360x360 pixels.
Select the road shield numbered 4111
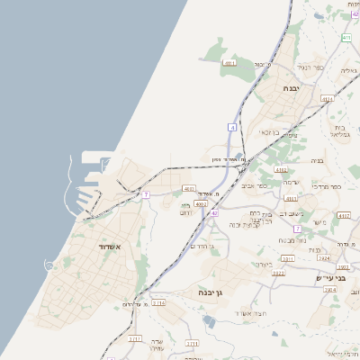(229, 63)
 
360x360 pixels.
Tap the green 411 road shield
(346, 38)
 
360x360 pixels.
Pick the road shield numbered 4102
(282, 169)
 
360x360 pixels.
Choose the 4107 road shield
(344, 215)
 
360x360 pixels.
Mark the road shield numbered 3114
(158, 303)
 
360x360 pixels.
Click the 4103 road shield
(189, 188)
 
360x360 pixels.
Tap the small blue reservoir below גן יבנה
(210, 319)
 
